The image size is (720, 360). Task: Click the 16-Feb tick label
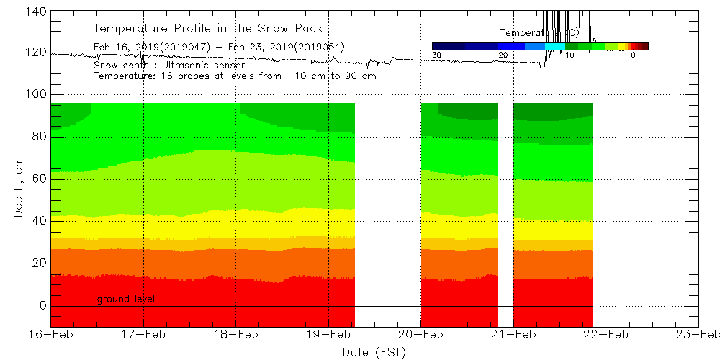[50, 334]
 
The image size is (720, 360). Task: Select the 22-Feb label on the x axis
[606, 334]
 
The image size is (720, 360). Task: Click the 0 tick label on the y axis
[42, 305]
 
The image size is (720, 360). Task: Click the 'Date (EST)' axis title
[374, 351]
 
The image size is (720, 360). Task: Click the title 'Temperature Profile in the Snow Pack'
[208, 29]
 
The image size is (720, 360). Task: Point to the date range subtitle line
[219, 47]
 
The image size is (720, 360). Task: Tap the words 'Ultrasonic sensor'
[204, 65]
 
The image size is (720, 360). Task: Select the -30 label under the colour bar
[434, 55]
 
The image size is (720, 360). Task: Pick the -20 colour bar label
[502, 55]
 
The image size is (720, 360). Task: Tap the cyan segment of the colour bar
[555, 46]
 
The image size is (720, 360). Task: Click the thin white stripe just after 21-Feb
[523, 216]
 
